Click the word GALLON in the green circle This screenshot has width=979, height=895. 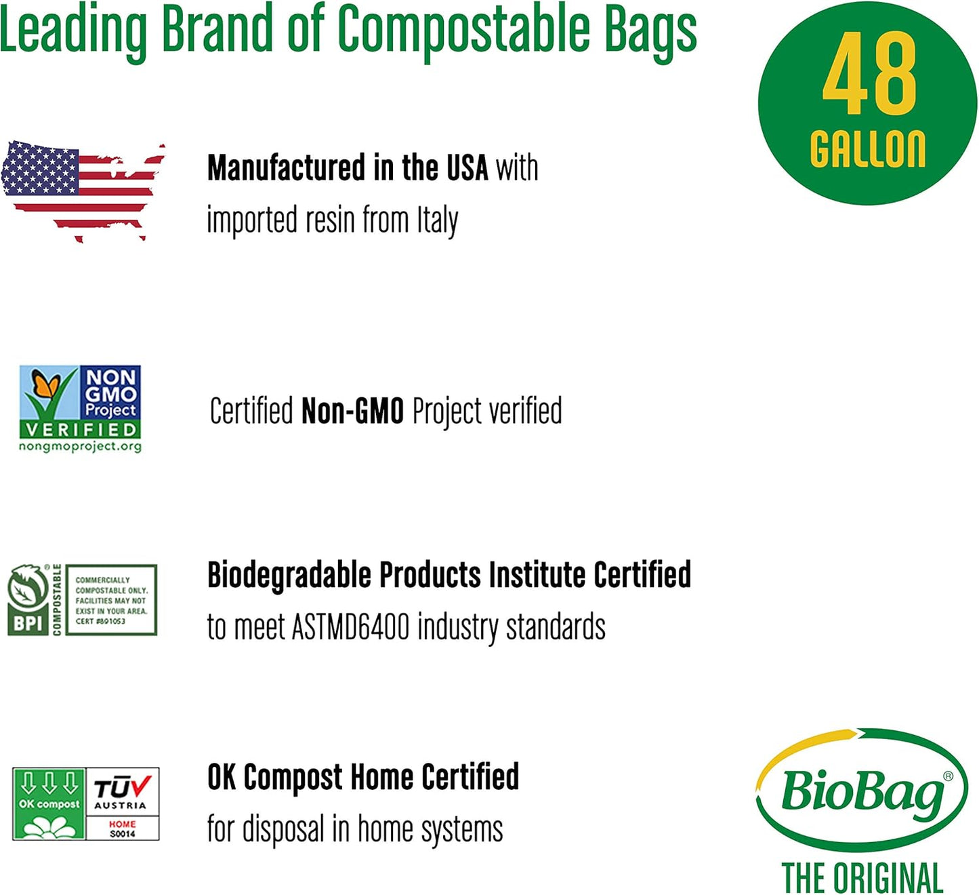click(x=868, y=149)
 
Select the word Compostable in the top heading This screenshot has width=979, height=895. click(x=463, y=31)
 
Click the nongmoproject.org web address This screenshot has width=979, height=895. click(x=80, y=447)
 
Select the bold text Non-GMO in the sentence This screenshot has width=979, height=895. click(x=352, y=411)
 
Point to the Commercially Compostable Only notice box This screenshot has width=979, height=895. click(x=111, y=600)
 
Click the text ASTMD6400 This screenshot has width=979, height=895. click(x=350, y=626)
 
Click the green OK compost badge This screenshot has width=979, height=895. click(x=49, y=804)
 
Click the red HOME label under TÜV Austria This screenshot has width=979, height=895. click(x=123, y=824)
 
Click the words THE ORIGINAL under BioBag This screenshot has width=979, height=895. click(x=862, y=878)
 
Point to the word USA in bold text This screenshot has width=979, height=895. click(x=467, y=168)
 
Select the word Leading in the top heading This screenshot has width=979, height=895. click(x=73, y=31)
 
